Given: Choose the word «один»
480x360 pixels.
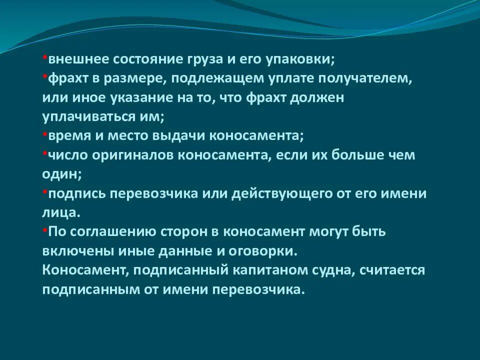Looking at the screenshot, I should [60, 174].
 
